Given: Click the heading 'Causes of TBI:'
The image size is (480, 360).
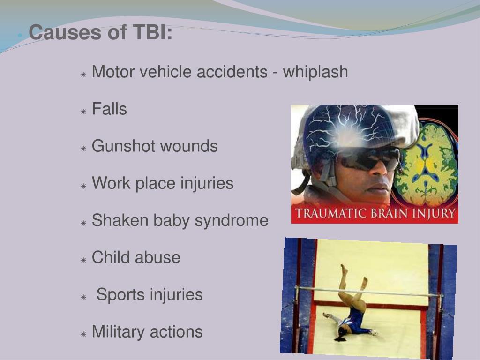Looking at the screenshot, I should [100, 33].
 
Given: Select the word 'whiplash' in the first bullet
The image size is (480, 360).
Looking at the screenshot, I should [315, 72].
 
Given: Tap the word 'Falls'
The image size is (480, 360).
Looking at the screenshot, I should [109, 109].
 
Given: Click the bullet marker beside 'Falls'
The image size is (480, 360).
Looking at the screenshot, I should [83, 112].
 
